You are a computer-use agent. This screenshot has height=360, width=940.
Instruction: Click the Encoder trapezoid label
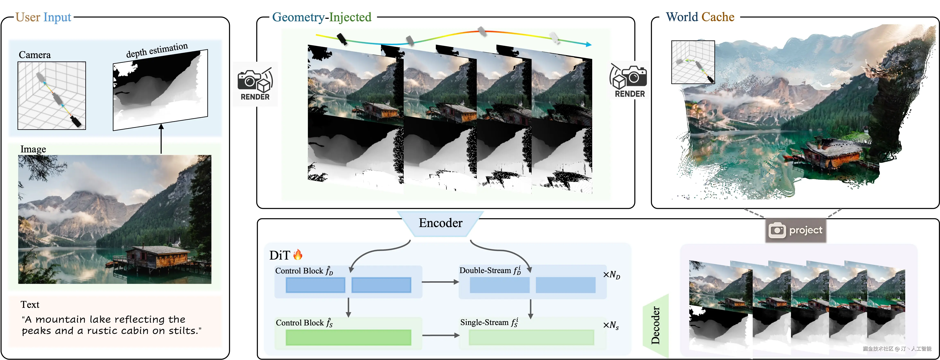click(441, 223)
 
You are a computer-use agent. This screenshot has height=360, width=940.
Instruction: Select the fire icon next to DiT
click(298, 255)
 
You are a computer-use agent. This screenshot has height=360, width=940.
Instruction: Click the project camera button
click(795, 230)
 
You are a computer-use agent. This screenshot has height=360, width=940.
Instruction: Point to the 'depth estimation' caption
click(157, 50)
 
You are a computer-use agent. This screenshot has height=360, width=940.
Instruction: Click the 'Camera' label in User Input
click(35, 55)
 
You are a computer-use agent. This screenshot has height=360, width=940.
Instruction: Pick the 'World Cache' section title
click(700, 17)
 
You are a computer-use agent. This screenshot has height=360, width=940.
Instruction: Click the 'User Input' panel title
click(43, 17)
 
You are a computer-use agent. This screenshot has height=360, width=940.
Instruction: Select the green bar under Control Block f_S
click(348, 337)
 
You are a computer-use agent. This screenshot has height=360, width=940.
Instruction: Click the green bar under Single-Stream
click(531, 337)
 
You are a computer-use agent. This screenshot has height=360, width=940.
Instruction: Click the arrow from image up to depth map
click(161, 139)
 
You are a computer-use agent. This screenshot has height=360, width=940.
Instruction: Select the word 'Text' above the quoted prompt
click(30, 305)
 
